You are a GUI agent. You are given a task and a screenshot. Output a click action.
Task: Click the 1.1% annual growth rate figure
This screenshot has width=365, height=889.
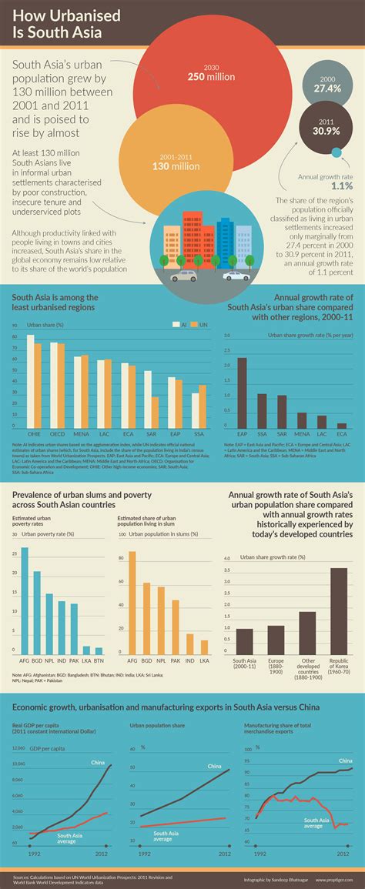coord(321,186)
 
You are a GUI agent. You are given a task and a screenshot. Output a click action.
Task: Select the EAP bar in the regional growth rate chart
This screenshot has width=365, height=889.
coord(242,392)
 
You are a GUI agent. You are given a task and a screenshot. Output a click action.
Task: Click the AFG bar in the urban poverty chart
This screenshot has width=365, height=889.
coord(25,600)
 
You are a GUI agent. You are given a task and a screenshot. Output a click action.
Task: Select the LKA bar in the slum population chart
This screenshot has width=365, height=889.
coord(204,647)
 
